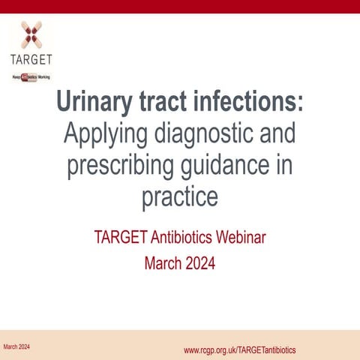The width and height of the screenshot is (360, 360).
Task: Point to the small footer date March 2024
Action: point(16,346)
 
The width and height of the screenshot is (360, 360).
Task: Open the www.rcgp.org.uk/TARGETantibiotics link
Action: point(239,350)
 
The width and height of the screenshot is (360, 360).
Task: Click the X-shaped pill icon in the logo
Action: point(31,34)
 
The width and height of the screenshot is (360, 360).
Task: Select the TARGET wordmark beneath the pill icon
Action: point(31,58)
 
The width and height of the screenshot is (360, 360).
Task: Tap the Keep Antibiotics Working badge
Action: point(31,76)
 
